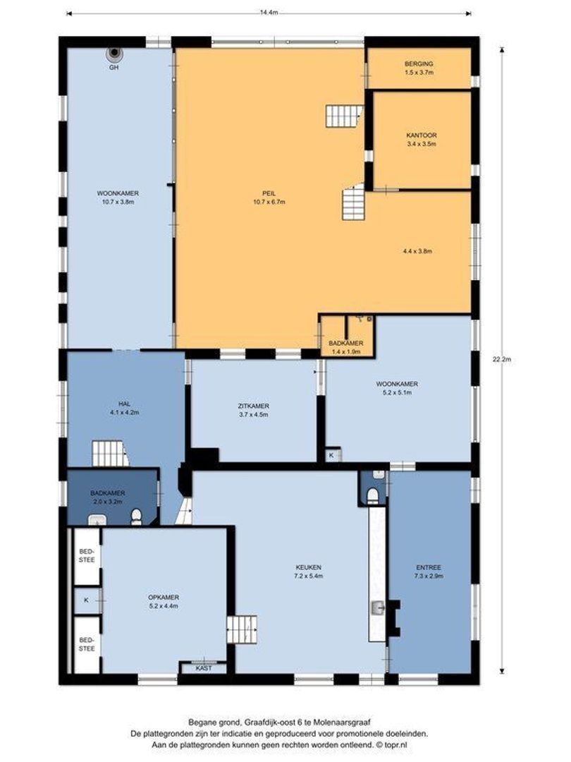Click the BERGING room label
click(418, 63)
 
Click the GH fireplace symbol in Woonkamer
click(113, 54)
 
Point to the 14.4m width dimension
click(268, 12)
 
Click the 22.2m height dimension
click(501, 359)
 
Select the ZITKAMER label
click(253, 406)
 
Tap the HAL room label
click(125, 404)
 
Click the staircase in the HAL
click(109, 453)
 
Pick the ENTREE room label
click(429, 567)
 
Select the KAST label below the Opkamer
click(203, 667)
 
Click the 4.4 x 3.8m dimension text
click(417, 251)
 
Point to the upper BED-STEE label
click(86, 555)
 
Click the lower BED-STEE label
click(86, 643)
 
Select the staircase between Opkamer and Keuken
click(241, 629)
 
